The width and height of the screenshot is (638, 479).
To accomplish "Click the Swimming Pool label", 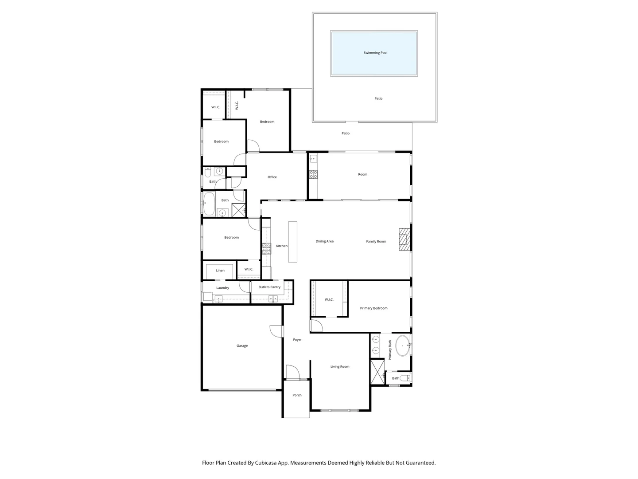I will pyautogui.click(x=375, y=53).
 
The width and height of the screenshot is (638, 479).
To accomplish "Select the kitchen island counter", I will pyautogui.click(x=292, y=242).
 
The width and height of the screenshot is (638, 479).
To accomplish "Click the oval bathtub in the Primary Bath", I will pyautogui.click(x=403, y=346).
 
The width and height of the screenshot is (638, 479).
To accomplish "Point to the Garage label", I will pyautogui.click(x=242, y=346).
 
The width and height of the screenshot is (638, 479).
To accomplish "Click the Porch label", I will pyautogui.click(x=297, y=395).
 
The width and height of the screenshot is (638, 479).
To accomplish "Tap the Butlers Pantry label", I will pyautogui.click(x=269, y=287).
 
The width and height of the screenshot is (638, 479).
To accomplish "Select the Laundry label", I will pyautogui.click(x=222, y=288).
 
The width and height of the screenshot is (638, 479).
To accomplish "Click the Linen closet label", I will pyautogui.click(x=220, y=271).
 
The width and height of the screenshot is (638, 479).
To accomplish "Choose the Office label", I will pyautogui.click(x=272, y=177).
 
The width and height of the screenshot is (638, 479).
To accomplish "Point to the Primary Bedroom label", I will pyautogui.click(x=373, y=308).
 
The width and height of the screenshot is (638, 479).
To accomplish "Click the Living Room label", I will pyautogui.click(x=340, y=367).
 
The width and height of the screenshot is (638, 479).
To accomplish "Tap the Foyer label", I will pyautogui.click(x=297, y=340).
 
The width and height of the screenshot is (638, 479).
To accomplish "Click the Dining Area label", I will pyautogui.click(x=324, y=242).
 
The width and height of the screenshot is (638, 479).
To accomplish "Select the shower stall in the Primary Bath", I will pyautogui.click(x=377, y=372).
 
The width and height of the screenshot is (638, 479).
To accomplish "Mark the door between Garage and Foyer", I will pyautogui.click(x=276, y=331).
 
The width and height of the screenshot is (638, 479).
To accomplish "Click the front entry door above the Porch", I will pyautogui.click(x=292, y=373).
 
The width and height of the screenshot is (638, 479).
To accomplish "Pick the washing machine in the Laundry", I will pyautogui.click(x=207, y=297).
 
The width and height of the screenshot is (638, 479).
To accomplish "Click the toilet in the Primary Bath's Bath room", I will pyautogui.click(x=405, y=378).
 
